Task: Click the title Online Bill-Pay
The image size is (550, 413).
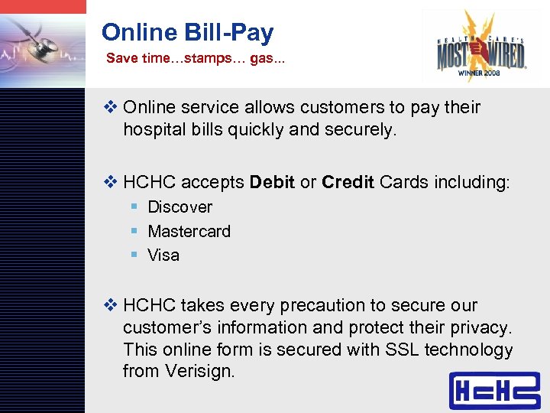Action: click(x=187, y=32)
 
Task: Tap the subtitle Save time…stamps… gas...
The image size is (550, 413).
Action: click(x=195, y=58)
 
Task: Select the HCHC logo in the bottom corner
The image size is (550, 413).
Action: click(x=493, y=391)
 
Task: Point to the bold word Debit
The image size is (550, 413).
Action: click(x=272, y=183)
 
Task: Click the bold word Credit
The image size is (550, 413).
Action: click(x=348, y=183)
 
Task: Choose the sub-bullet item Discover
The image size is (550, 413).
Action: click(x=180, y=207)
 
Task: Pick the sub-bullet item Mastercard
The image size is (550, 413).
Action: click(x=189, y=231)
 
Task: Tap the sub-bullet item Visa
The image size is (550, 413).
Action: click(x=163, y=255)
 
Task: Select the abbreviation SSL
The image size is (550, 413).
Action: click(x=403, y=350)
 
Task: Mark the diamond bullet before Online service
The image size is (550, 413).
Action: click(x=112, y=107)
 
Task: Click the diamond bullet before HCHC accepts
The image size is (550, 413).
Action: click(x=112, y=183)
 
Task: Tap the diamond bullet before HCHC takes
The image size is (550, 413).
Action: click(x=112, y=306)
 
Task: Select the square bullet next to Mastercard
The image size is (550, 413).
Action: click(x=133, y=231)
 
